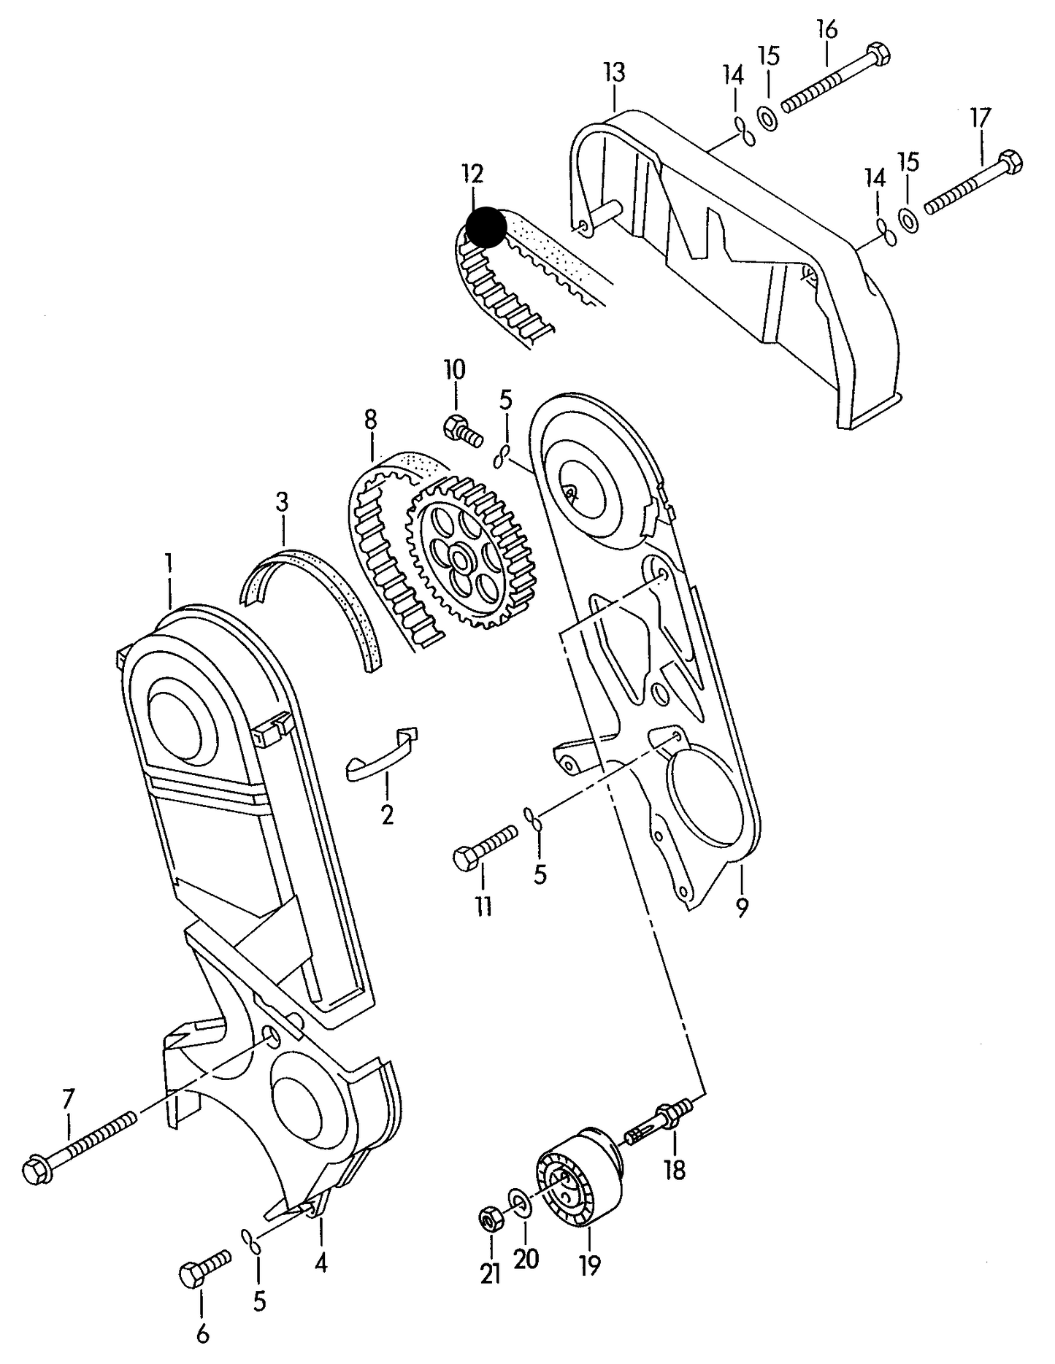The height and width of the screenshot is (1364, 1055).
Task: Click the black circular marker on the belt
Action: pos(486,226)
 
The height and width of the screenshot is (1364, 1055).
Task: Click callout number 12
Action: pos(472,174)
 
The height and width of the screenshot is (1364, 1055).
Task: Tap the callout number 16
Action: pos(826,29)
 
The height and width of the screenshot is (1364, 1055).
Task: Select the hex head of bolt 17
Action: pos(1008,162)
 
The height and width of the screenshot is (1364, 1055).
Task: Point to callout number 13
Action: pos(615,72)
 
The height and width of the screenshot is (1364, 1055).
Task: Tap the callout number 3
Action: pos(282,502)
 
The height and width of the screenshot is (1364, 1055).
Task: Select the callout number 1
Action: pos(169,563)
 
